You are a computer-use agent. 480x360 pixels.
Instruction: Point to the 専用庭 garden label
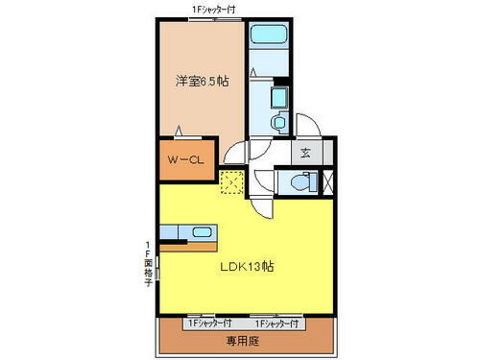click(243, 339)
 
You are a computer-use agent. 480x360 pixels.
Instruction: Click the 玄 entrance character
click(304, 152)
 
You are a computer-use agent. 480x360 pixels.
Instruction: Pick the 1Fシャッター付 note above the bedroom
click(214, 9)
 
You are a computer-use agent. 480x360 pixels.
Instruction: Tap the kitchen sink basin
click(202, 232)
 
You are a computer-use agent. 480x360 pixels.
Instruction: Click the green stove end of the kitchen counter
click(170, 232)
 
